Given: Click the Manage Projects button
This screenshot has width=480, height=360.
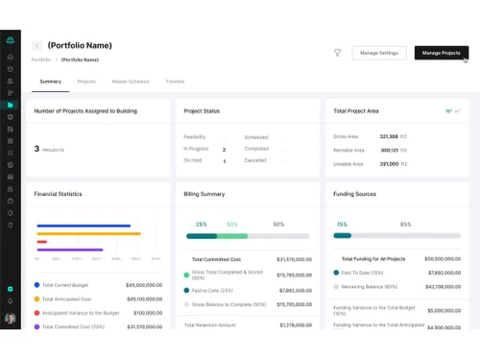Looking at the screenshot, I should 442,53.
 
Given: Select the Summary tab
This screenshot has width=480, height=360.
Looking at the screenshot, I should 51,82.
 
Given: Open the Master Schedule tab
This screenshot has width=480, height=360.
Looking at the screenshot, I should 130,82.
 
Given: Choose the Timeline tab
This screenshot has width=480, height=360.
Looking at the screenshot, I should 175,82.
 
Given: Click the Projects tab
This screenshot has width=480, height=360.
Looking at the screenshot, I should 86,82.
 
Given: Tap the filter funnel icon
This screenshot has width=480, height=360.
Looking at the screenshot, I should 338,53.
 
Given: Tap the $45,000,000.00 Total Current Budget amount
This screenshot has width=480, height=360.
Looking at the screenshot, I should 144,285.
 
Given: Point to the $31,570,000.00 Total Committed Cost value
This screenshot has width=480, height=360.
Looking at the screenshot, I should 293,259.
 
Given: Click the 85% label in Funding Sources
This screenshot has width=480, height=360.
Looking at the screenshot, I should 405,225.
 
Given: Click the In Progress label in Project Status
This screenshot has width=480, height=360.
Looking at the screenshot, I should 197,150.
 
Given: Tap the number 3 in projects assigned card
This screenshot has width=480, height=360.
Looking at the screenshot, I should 36,149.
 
